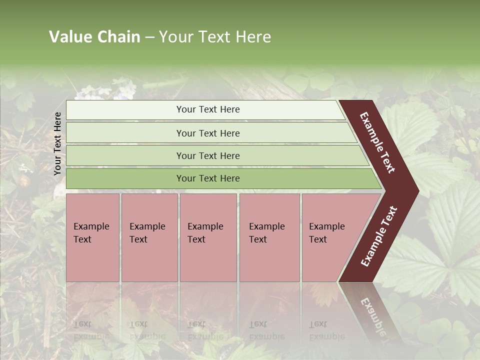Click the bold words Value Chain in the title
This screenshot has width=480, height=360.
coord(94,37)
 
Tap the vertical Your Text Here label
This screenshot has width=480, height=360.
coord(57,143)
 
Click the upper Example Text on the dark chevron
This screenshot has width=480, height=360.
coord(377,142)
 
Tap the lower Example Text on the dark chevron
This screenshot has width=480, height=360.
coord(379,236)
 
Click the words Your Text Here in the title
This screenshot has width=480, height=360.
coord(215,37)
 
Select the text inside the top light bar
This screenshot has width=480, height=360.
coord(208,109)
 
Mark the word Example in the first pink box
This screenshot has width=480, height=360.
coord(91,226)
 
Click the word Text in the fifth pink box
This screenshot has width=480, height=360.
coord(317,239)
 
